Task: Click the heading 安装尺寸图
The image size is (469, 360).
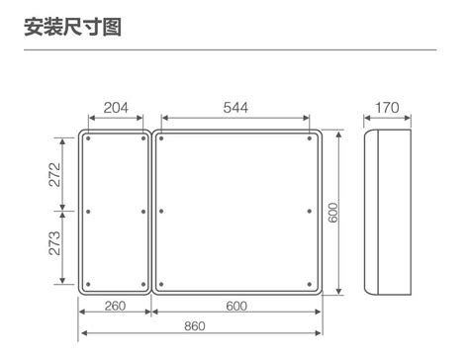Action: click(x=73, y=27)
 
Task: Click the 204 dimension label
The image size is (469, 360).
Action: click(x=116, y=108)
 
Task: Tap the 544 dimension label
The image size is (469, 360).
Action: click(x=235, y=108)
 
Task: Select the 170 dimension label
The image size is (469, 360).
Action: click(x=387, y=108)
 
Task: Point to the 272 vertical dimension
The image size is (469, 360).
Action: click(x=55, y=175)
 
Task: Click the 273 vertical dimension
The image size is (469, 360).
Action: click(x=55, y=243)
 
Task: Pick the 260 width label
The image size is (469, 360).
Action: click(x=115, y=306)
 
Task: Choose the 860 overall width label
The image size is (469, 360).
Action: click(x=195, y=326)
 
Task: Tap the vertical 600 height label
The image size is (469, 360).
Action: click(x=333, y=213)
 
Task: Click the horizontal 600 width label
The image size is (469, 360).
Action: click(x=236, y=306)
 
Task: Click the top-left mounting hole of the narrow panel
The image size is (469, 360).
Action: click(x=88, y=138)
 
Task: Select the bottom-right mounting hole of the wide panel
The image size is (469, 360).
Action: click(x=310, y=284)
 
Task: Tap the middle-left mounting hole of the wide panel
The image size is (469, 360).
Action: click(x=161, y=212)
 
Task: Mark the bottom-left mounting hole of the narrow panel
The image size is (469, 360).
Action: click(x=88, y=284)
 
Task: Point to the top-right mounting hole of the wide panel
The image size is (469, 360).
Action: click(x=310, y=138)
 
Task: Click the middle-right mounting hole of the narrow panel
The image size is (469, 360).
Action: click(x=143, y=212)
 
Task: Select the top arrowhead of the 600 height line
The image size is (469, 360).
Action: click(x=338, y=134)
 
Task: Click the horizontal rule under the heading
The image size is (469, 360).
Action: click(x=231, y=50)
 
